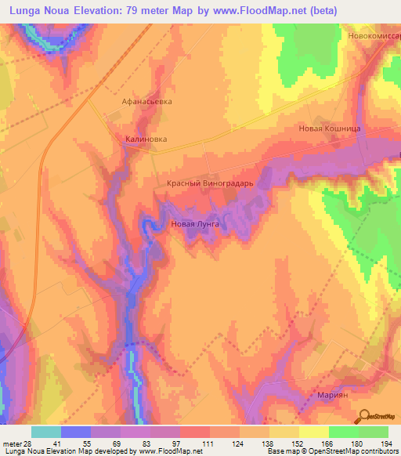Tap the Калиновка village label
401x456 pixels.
[x=146, y=140]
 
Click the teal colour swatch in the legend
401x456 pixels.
[x=45, y=432]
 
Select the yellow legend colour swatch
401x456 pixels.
[x=313, y=432]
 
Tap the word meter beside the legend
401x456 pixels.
[x=11, y=444]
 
